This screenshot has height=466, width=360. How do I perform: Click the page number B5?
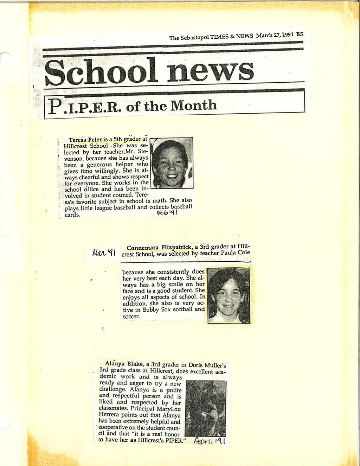(299, 35)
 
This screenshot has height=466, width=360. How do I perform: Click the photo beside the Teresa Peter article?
(172, 163)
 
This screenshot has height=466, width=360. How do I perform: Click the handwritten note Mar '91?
(104, 252)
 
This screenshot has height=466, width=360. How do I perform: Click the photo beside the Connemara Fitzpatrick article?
(229, 295)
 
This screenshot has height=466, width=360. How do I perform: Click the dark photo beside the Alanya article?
(205, 408)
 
